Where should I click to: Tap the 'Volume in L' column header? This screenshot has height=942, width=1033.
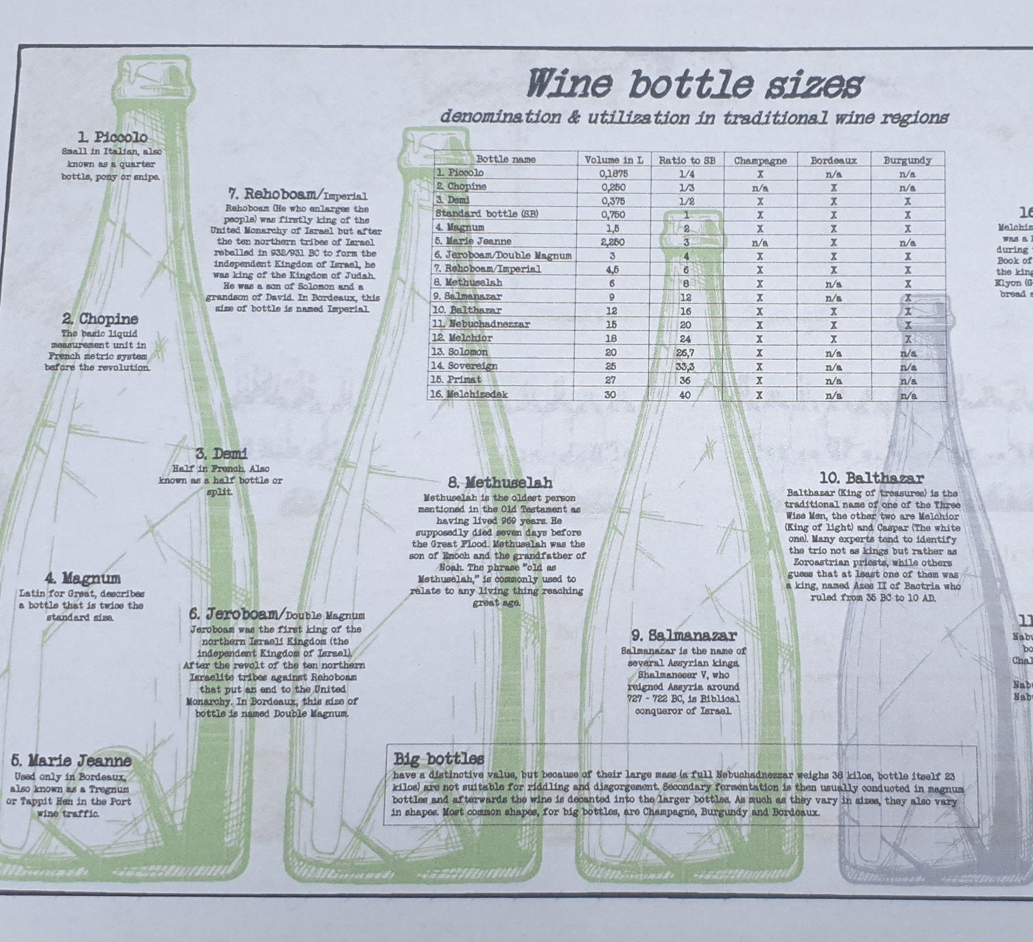point(614,160)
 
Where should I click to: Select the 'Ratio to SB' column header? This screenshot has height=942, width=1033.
point(687,160)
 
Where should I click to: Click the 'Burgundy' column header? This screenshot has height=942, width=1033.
point(907,160)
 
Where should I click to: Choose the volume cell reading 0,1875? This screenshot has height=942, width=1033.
point(614,174)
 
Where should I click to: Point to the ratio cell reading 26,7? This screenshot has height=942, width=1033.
point(685,353)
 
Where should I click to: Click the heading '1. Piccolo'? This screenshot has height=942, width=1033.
point(113,137)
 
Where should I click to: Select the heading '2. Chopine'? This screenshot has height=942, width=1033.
point(100,319)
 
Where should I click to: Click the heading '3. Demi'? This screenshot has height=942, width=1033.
point(221,454)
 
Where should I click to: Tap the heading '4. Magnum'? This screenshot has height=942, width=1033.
point(82,579)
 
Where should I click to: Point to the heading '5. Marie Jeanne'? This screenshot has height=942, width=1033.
point(71,761)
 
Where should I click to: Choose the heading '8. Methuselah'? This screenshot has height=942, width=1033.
point(500,483)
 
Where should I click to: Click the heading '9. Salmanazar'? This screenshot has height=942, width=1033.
point(684,635)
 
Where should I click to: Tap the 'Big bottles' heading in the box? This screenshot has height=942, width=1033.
point(439,759)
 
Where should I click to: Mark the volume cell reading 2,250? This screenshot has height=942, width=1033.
point(612,242)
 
